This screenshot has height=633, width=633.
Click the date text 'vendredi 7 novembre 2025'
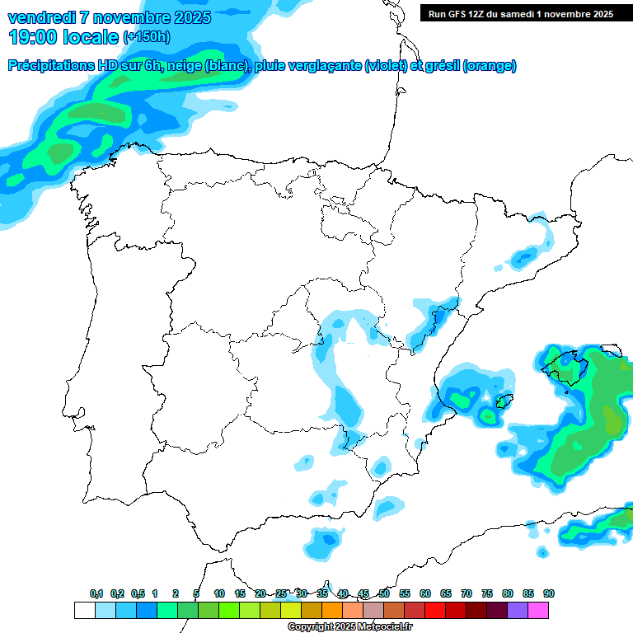coord(109,17)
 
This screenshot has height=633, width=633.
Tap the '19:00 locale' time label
coord(63,37)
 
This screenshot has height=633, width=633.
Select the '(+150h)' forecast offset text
coord(148,37)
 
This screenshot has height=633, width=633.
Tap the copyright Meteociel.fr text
coord(350,627)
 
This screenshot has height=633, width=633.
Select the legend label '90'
coord(548,593)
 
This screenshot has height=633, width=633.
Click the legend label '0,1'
coord(96,593)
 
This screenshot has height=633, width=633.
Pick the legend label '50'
coord(384,593)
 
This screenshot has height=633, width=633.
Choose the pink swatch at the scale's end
coord(538,610)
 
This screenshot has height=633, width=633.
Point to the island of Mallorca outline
coord(568,366)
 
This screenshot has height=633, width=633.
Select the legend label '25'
coord(281,593)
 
